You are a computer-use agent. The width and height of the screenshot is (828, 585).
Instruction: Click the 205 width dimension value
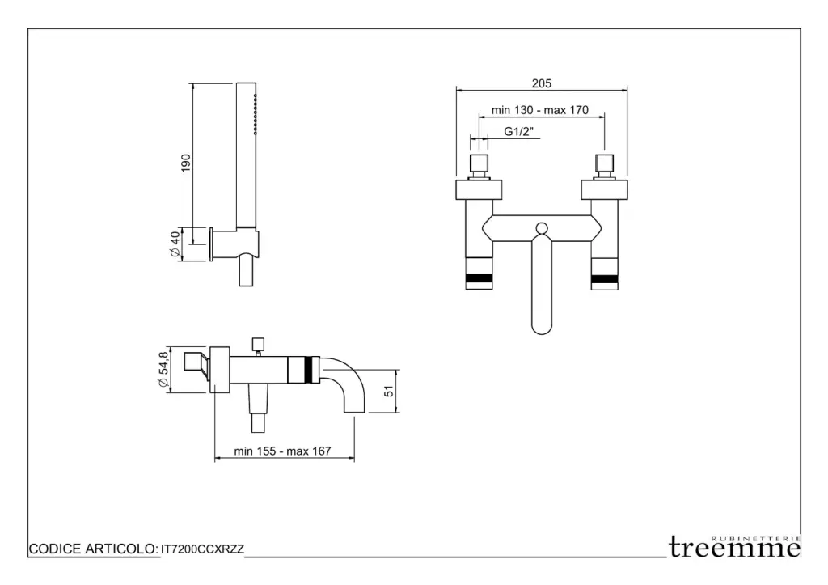[x=541, y=83]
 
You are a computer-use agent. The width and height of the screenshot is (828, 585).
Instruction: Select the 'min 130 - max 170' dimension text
[x=539, y=110]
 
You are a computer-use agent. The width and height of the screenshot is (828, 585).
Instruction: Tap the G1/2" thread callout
[x=518, y=132]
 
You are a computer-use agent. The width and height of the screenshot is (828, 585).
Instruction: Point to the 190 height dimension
[x=185, y=163]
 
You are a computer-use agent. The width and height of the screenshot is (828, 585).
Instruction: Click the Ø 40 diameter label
[x=175, y=244]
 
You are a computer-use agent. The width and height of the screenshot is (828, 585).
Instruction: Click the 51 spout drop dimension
[x=389, y=391]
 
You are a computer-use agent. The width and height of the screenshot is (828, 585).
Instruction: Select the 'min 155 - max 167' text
[x=282, y=451]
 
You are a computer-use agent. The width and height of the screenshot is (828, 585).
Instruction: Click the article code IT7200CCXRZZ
[x=202, y=549]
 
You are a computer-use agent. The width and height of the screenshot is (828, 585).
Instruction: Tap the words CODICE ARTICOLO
[x=94, y=549]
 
